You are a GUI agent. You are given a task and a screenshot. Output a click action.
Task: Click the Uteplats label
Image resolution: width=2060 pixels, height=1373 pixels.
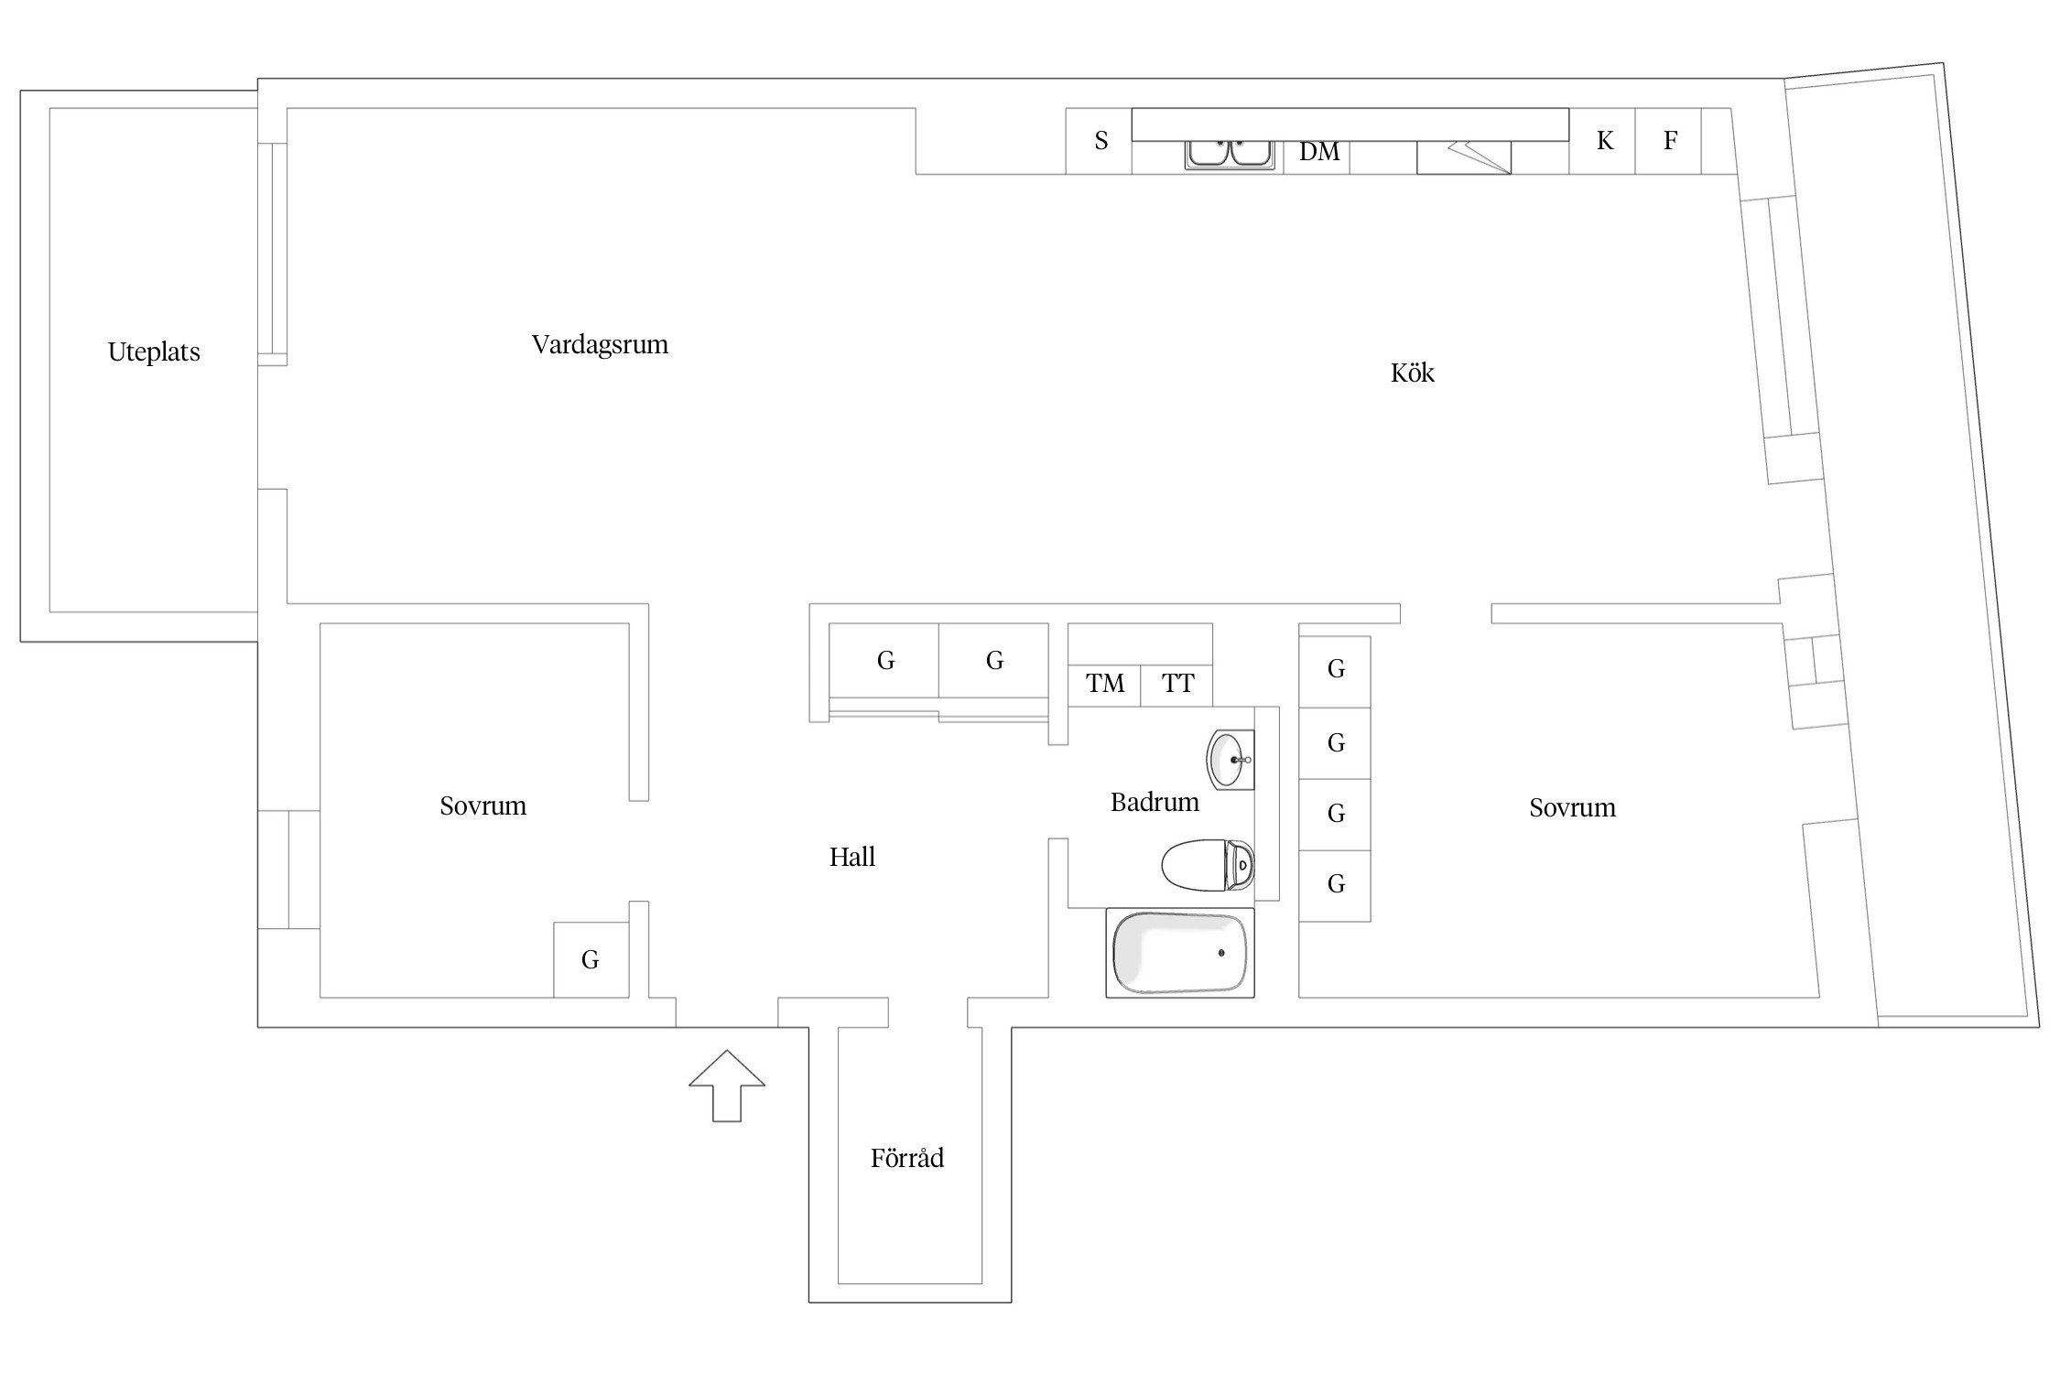[x=154, y=352]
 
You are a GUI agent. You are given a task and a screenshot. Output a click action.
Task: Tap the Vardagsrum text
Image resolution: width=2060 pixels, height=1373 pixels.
[x=600, y=345]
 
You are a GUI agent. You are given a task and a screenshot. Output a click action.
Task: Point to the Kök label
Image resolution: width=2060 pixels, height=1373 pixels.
[x=1412, y=373]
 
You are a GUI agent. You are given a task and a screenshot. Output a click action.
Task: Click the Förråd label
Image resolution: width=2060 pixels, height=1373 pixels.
[x=906, y=1159]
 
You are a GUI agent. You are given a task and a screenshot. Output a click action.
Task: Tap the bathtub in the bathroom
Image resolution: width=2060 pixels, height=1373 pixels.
[x=1180, y=953]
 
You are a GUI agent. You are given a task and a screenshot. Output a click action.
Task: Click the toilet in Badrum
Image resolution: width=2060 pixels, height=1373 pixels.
[x=1207, y=864]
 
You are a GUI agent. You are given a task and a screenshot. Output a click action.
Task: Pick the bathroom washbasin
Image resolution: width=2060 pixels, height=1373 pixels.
[x=1230, y=759]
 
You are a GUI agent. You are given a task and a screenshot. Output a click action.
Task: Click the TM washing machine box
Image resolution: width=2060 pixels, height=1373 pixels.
[x=1105, y=684]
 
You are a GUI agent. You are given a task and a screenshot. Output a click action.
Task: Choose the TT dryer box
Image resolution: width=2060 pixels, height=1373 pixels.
[x=1177, y=684]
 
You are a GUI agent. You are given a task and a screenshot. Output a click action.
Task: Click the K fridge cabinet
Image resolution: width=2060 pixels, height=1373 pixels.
[x=1603, y=141]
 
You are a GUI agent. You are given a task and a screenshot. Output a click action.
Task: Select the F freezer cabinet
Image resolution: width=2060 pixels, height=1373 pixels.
[x=1669, y=141]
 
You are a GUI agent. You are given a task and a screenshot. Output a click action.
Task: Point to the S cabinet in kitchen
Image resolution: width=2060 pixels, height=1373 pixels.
[x=1100, y=141]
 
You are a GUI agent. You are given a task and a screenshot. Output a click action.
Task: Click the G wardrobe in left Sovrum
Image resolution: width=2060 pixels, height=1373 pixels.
[x=591, y=959]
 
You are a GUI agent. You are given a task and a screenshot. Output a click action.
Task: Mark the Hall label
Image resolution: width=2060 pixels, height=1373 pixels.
[x=852, y=858]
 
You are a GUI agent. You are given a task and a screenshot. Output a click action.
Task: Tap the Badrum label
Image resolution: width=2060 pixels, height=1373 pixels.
[x=1155, y=803]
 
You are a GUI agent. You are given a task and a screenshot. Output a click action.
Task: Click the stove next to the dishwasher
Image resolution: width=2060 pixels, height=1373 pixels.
[x=1463, y=157]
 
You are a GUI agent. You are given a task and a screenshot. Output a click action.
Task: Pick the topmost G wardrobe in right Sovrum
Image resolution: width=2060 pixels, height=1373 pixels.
[x=1336, y=670]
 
